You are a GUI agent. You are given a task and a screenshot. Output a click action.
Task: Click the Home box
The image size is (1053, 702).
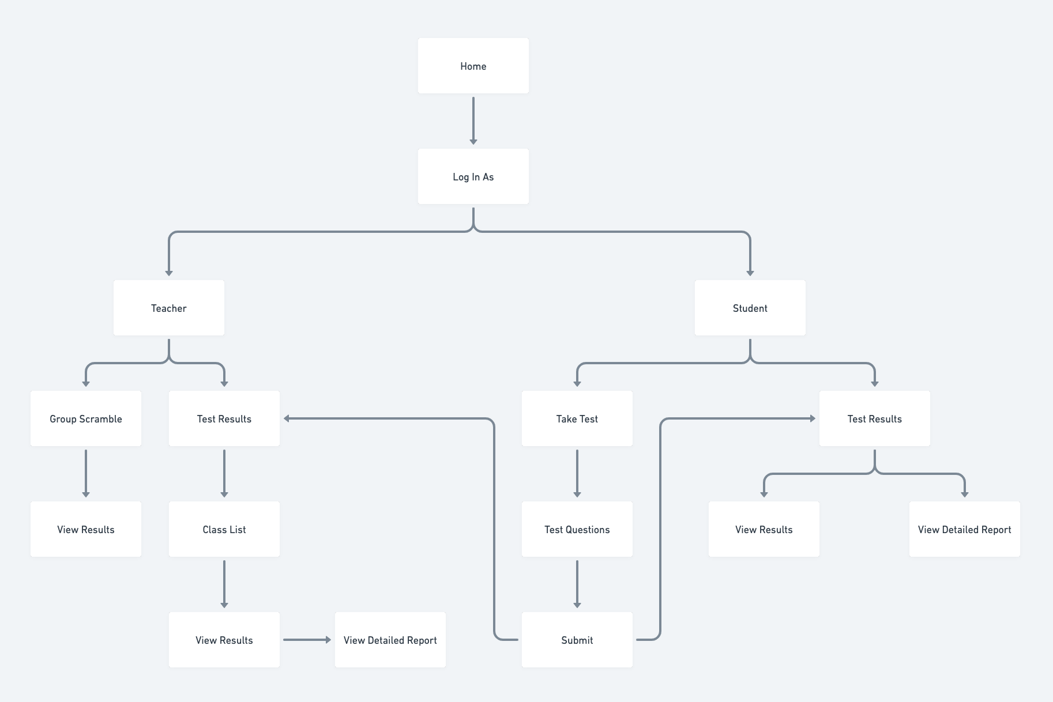(473, 66)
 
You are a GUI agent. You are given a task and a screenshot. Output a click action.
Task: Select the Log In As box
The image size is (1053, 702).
(473, 176)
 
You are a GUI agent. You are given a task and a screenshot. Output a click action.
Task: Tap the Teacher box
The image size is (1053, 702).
(168, 308)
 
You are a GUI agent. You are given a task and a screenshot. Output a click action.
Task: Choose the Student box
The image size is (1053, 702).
(750, 308)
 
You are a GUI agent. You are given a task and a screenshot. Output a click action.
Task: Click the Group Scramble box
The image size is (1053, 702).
(85, 418)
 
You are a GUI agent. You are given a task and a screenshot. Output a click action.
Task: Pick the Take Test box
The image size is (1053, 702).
(577, 418)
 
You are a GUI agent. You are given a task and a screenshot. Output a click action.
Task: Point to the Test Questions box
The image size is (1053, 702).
(577, 529)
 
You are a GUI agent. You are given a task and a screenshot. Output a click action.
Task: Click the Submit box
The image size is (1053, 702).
(577, 640)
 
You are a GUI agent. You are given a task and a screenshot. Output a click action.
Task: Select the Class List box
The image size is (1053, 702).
(224, 529)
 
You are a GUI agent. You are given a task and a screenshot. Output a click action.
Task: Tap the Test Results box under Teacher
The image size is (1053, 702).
(224, 418)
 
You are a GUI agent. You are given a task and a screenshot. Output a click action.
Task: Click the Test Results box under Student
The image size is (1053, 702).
(874, 418)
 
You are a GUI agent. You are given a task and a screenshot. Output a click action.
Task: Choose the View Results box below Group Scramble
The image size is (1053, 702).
(85, 529)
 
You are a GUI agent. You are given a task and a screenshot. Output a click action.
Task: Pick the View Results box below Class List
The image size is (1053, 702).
(224, 640)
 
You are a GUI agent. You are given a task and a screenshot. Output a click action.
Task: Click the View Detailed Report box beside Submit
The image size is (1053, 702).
(390, 640)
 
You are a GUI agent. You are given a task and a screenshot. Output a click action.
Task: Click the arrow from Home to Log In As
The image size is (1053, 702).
(473, 121)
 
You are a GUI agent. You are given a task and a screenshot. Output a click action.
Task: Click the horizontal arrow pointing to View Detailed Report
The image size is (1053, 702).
(307, 640)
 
